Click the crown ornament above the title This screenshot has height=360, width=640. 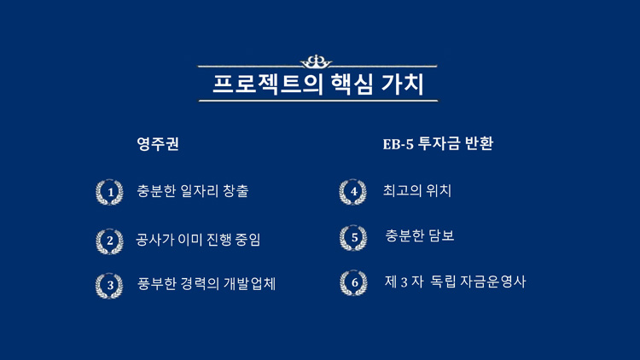tap(316, 61)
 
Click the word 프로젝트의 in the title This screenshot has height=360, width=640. tap(268, 84)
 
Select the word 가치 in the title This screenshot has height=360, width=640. tap(403, 84)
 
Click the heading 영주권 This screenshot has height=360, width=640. tap(158, 143)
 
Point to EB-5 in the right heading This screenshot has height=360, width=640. tap(398, 144)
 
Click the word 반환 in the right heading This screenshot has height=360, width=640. tap(479, 143)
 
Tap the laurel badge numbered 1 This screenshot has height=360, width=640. tap(109, 192)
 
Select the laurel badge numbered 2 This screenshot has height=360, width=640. tap(109, 241)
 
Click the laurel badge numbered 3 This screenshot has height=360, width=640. tap(109, 285)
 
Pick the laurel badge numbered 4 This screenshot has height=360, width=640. tap(353, 192)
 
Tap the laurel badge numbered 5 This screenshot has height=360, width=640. tap(353, 238)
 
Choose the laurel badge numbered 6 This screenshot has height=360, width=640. tap(353, 282)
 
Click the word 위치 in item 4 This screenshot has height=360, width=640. tap(439, 190)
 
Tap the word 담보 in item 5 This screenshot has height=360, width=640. tap(441, 235)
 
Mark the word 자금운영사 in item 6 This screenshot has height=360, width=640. tap(492, 282)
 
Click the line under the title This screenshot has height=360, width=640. tap(318, 101)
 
